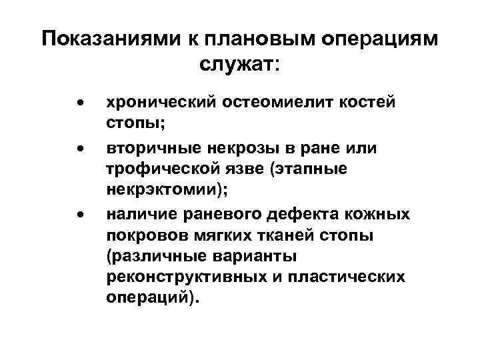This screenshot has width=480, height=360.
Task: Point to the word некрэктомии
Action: (166, 190)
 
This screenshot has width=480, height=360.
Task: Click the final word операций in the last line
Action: (151, 298)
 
